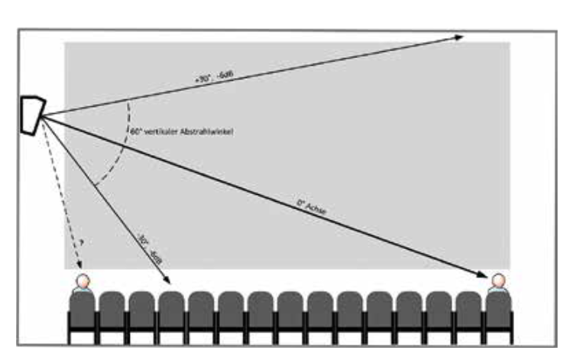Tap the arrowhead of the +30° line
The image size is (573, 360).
coord(459,37)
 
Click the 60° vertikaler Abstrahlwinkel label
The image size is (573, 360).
coord(181,132)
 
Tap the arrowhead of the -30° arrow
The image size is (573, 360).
coord(167,281)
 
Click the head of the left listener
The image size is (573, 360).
coord(82,282)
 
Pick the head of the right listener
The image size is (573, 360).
coord(498,282)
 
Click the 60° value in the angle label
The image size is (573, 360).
coord(134,132)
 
